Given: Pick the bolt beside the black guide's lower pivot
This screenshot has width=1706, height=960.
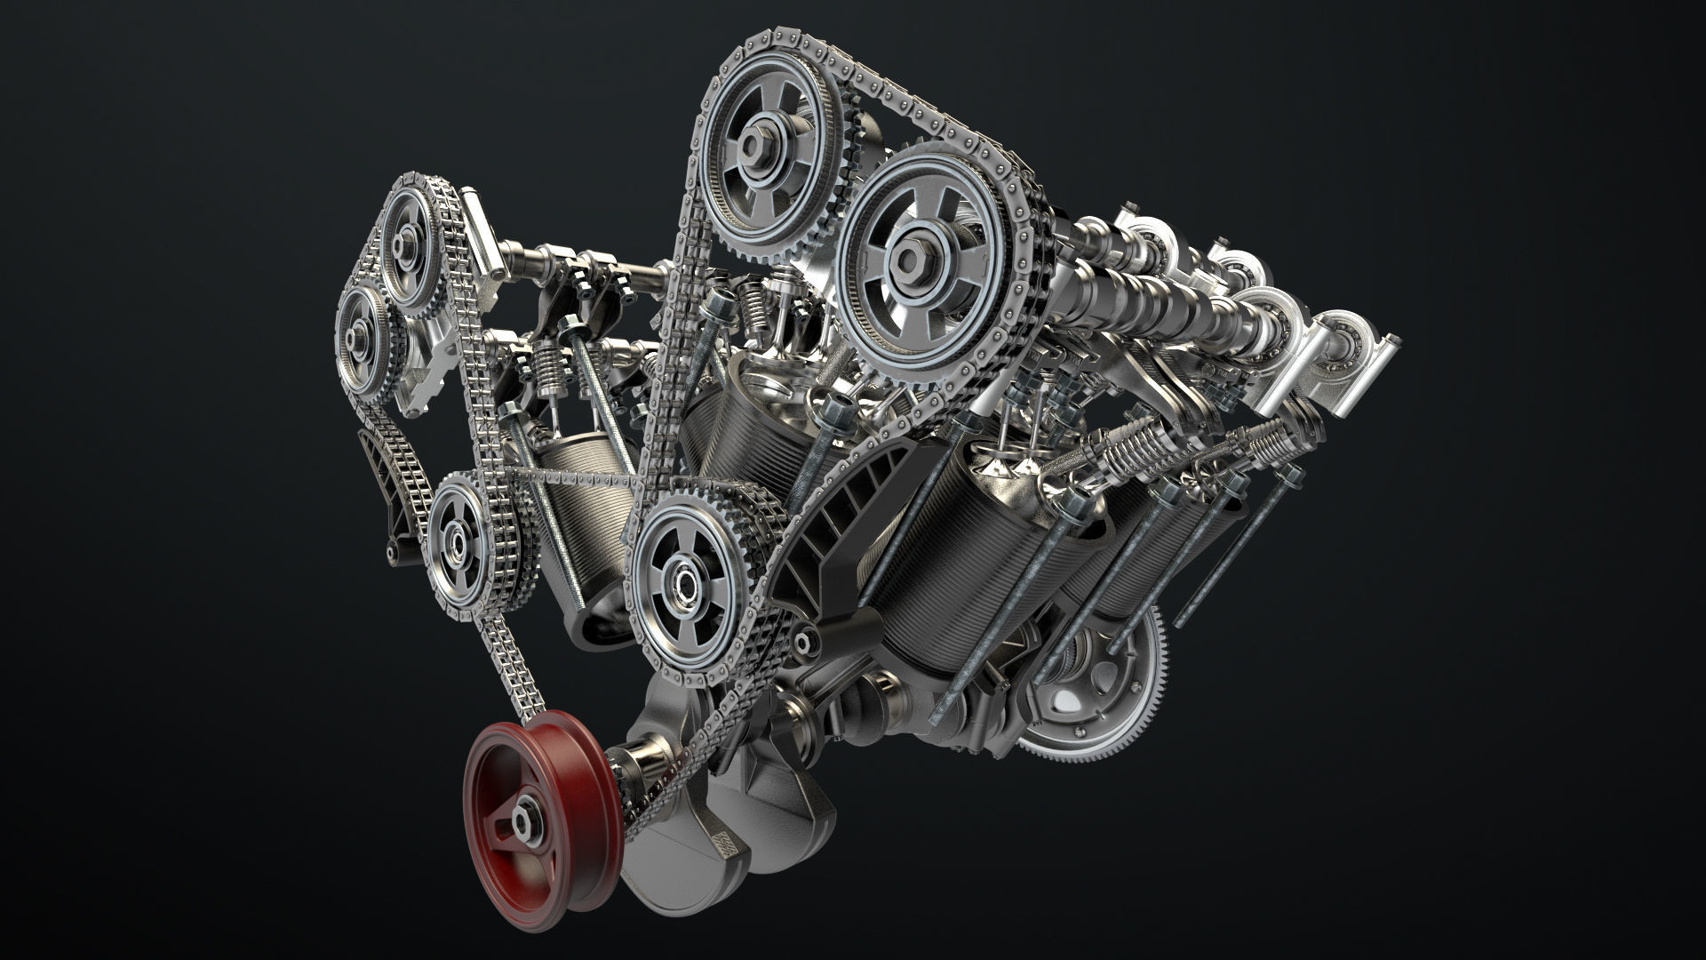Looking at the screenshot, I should pos(805,639).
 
